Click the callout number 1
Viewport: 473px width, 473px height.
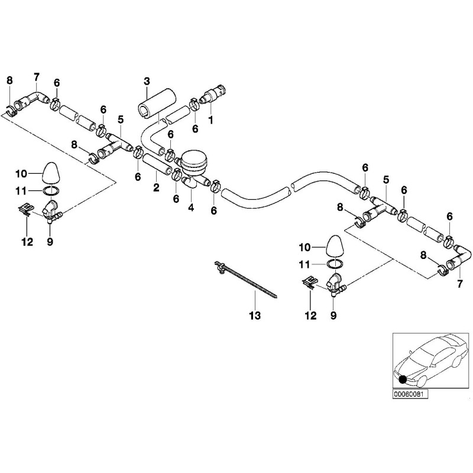pyautogui.click(x=210, y=120)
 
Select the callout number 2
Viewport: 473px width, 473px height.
pyautogui.click(x=156, y=187)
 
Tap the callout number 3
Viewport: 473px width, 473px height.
pyautogui.click(x=147, y=81)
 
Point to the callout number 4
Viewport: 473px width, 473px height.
pyautogui.click(x=191, y=208)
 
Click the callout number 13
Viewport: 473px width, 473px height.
pyautogui.click(x=255, y=316)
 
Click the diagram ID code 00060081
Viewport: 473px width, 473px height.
pyautogui.click(x=410, y=394)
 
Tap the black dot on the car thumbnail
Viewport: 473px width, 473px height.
pyautogui.click(x=403, y=380)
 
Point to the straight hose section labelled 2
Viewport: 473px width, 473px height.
pyautogui.click(x=157, y=164)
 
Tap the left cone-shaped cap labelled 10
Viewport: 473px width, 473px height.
pyautogui.click(x=50, y=173)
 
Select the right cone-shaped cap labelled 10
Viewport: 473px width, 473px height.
pyautogui.click(x=334, y=247)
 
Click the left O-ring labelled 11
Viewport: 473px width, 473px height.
pyautogui.click(x=51, y=190)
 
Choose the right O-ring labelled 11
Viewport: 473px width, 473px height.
pyautogui.click(x=335, y=264)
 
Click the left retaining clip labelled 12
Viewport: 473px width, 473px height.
pyautogui.click(x=26, y=209)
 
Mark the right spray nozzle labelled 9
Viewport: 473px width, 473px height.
pyautogui.click(x=336, y=284)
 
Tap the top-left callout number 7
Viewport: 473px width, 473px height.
pyautogui.click(x=37, y=77)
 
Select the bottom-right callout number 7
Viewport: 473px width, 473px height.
pyautogui.click(x=459, y=284)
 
